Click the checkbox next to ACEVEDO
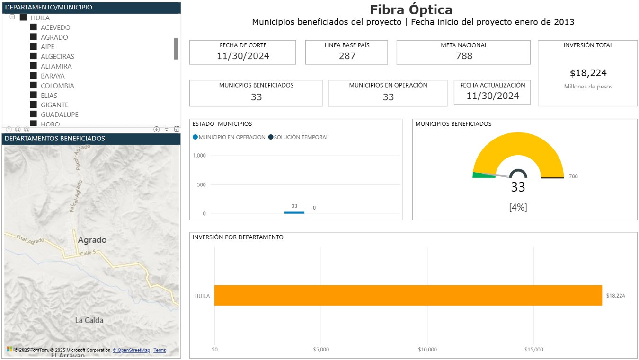tap(34, 27)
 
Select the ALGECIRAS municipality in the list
tap(57, 56)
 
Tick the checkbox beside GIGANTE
tap(34, 105)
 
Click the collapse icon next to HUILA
tap(12, 17)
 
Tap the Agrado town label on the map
tap(92, 240)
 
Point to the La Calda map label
tap(89, 320)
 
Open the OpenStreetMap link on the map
tap(132, 350)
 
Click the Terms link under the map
tap(160, 350)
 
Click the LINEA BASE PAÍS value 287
tap(347, 56)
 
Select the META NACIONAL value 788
tap(464, 56)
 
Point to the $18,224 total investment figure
tap(588, 73)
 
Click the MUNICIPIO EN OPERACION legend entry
tap(229, 137)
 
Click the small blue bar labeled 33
tap(294, 212)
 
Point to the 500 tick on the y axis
tap(201, 184)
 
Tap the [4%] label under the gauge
tap(518, 207)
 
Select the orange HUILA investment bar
tap(408, 295)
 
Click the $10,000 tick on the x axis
tap(427, 350)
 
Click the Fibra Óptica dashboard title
tap(411, 9)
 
